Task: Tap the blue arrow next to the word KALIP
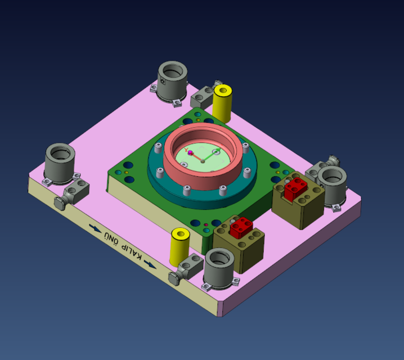[x=151, y=264]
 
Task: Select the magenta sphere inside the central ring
[x=190, y=152]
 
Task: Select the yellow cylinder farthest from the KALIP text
[x=223, y=102]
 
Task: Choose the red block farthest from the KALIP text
[x=295, y=188]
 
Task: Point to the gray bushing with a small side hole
[x=172, y=81]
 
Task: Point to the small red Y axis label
[x=186, y=150]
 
